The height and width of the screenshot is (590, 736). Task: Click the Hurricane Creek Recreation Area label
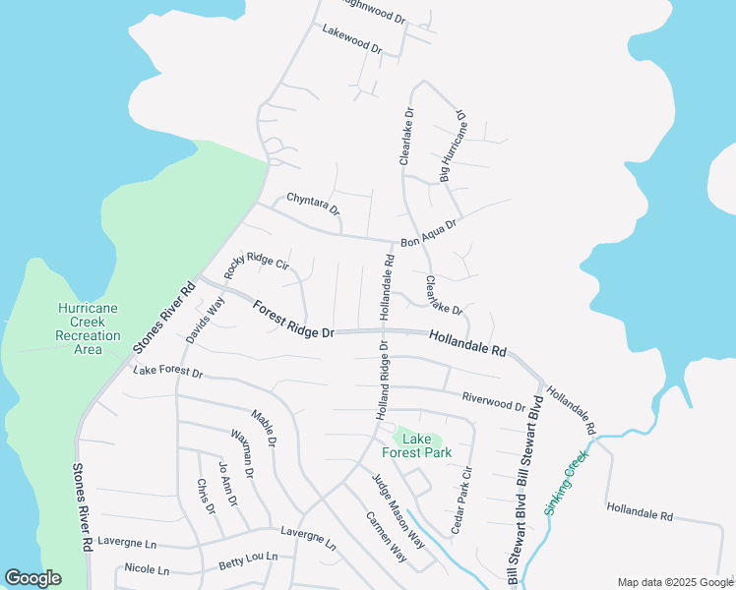[x=88, y=328]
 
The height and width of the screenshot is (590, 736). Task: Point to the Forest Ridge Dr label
[x=293, y=322]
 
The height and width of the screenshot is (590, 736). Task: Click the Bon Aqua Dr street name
[x=429, y=234]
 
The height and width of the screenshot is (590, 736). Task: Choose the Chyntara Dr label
[x=313, y=205]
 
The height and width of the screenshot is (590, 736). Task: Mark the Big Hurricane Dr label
[x=454, y=147]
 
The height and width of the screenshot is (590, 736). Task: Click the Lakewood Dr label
[x=351, y=39]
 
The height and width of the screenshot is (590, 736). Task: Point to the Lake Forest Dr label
[x=167, y=373]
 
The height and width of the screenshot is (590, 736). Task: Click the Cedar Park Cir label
[x=461, y=501]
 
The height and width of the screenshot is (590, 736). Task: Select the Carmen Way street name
[x=386, y=537]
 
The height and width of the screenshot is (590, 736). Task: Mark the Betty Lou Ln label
[x=248, y=560]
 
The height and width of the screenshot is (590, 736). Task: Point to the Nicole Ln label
[x=147, y=568]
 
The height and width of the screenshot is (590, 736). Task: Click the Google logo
[x=32, y=578]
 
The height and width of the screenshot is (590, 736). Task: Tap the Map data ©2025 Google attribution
[x=675, y=582]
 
